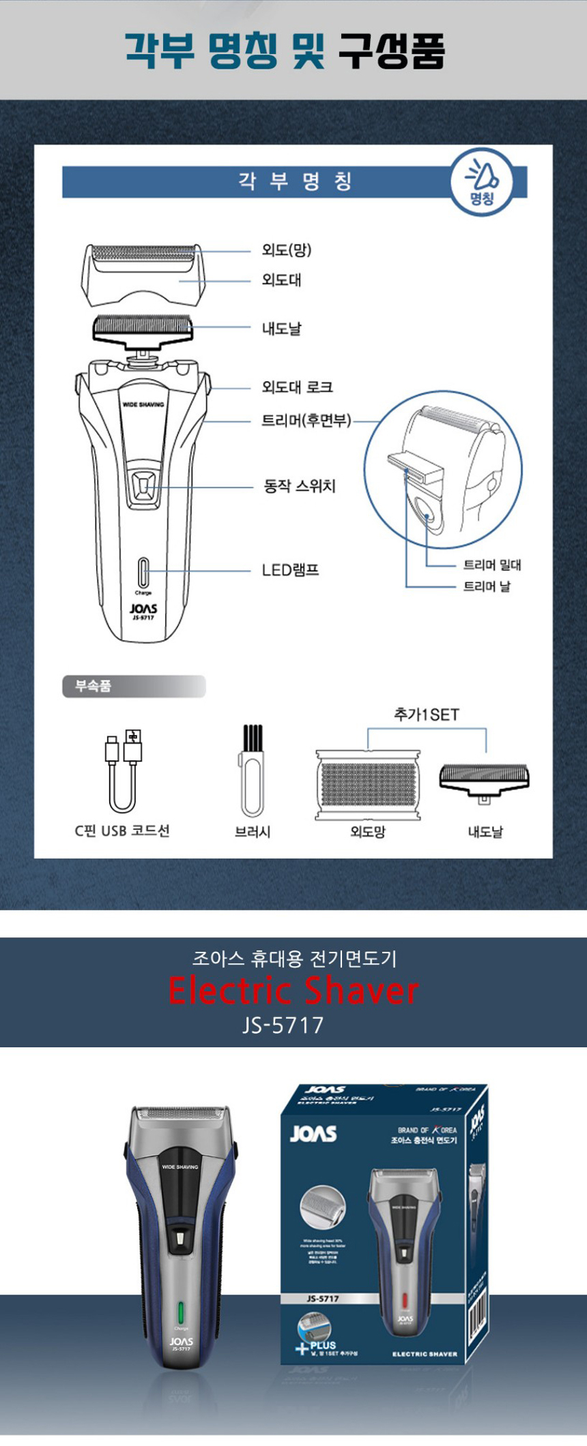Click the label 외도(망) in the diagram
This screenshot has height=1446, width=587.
(286, 250)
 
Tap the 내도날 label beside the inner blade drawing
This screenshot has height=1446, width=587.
(281, 329)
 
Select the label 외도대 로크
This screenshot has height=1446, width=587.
(297, 387)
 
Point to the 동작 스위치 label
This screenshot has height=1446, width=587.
(299, 486)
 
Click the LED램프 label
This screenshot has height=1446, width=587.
(290, 570)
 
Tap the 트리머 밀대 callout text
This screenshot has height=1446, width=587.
(491, 564)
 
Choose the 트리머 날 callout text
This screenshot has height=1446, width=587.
(486, 586)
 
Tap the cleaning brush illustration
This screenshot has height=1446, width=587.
(252, 770)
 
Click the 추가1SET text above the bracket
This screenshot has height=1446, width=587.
(426, 714)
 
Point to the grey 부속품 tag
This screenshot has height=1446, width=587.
(133, 686)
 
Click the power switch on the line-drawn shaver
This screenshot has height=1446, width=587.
(143, 485)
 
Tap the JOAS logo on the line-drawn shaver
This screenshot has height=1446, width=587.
(143, 608)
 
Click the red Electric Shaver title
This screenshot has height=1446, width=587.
(293, 991)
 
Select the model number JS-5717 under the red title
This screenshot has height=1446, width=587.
(283, 1025)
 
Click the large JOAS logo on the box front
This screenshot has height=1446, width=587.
(313, 1133)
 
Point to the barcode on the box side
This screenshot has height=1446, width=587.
(477, 1310)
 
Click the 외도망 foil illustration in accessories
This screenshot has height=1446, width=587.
(367, 784)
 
